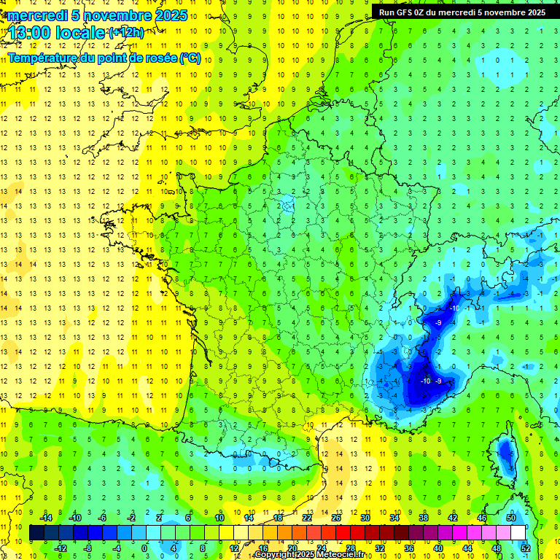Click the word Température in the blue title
coord(44,58)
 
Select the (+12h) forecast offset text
coord(126,32)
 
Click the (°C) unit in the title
coord(190,58)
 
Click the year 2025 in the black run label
coord(534,12)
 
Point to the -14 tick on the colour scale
coord(45,518)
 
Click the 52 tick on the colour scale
coord(526,548)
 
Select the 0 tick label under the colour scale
coord(144,548)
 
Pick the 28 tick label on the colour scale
coord(351,548)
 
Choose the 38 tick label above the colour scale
coord(423,518)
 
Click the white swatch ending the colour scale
coord(518,533)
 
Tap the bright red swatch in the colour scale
coord(343,533)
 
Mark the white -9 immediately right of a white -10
coord(439,381)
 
